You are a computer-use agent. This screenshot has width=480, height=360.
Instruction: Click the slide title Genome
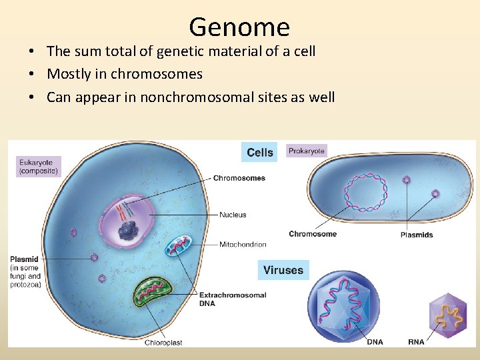239,27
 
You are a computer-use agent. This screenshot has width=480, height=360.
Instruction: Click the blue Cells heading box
259,153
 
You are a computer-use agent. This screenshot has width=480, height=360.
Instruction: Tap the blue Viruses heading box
283,270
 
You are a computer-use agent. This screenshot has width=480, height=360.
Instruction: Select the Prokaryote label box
307,151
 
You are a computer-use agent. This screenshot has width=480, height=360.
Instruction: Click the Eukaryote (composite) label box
39,166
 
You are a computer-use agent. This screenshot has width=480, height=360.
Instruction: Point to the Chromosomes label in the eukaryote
239,178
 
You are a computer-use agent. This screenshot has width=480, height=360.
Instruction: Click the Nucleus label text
233,215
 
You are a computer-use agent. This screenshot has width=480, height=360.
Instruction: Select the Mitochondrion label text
243,245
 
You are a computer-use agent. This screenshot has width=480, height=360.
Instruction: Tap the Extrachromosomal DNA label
233,299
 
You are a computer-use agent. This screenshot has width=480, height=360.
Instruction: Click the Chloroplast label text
163,343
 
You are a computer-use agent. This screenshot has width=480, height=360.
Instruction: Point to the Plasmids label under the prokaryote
417,235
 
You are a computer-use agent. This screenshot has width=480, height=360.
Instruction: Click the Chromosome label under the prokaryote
313,234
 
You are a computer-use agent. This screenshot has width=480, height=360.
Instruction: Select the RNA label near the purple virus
416,343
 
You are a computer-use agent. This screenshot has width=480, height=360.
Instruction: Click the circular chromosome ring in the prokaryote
365,193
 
